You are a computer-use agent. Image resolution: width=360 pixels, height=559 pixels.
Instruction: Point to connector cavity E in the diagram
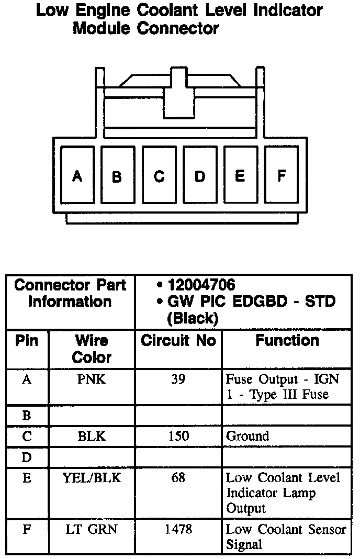(240, 175)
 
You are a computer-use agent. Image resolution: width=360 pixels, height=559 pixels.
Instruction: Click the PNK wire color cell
(92, 379)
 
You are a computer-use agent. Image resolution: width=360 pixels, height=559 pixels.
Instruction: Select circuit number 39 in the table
(178, 379)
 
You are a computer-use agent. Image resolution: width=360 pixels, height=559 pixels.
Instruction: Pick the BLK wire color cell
(92, 436)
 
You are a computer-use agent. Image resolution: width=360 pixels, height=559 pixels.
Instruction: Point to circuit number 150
(178, 436)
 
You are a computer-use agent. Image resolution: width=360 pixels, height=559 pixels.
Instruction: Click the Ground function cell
(248, 436)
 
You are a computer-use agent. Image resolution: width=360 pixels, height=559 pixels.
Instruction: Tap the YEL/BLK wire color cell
(92, 477)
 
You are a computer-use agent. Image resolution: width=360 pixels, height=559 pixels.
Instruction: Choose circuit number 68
(178, 477)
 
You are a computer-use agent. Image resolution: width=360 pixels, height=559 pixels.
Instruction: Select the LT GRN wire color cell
(92, 529)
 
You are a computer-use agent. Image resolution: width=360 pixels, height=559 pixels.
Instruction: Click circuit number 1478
(178, 529)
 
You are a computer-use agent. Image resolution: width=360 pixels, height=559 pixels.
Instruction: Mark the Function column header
(287, 341)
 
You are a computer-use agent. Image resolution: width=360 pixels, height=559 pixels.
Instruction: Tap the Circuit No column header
(178, 341)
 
